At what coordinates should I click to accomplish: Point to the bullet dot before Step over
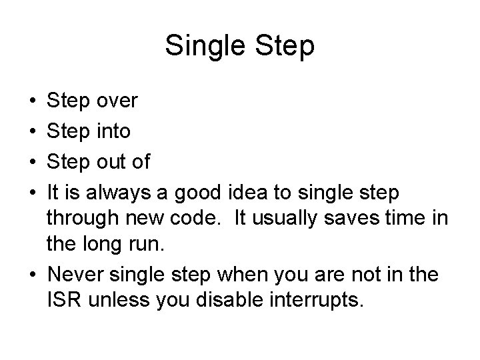coord(33,101)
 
